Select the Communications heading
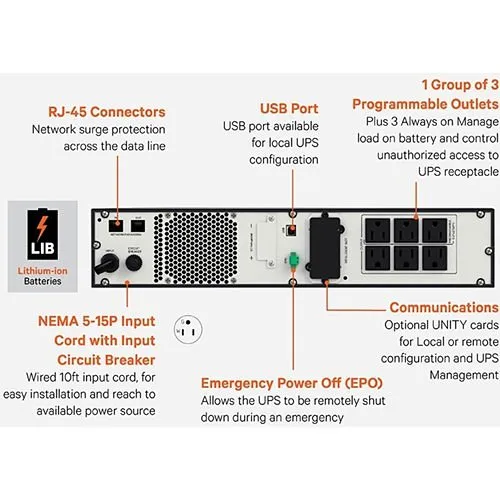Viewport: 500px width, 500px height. tap(443, 307)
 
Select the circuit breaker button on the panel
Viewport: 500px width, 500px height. tap(130, 261)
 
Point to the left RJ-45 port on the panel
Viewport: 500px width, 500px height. tap(117, 222)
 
